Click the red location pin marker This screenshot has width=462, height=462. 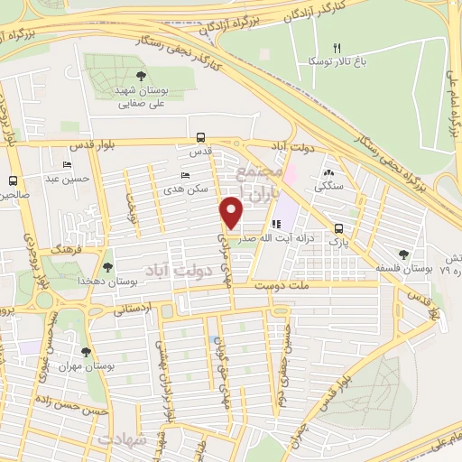[x=232, y=213]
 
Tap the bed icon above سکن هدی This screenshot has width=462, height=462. [x=186, y=176]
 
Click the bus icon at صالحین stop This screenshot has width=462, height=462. [x=12, y=180]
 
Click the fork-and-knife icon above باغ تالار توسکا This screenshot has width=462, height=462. [x=337, y=48]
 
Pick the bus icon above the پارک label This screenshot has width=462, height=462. [x=337, y=228]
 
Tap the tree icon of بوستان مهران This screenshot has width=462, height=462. [x=86, y=352]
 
